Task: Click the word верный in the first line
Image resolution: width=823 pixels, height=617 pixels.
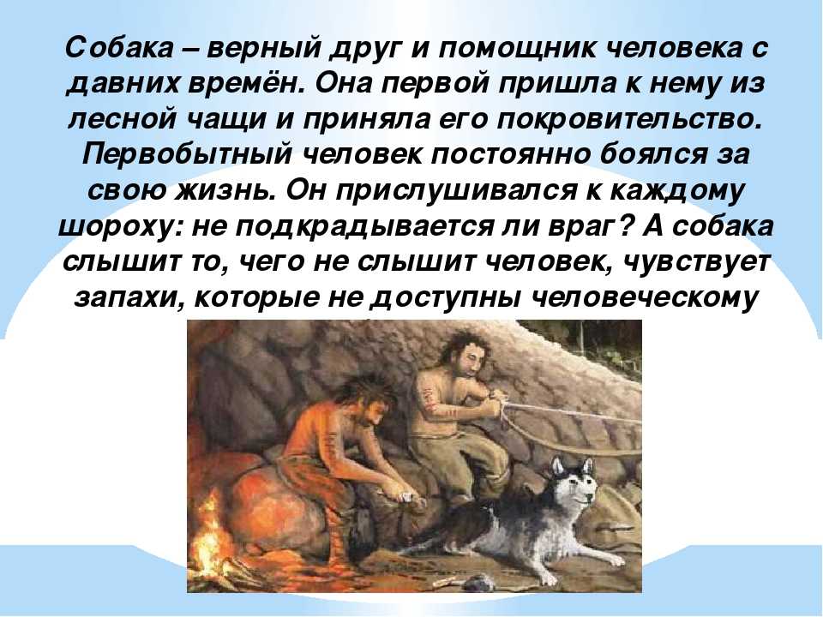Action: click(x=263, y=50)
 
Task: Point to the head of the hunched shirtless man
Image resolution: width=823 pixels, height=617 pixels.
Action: click(x=362, y=401)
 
